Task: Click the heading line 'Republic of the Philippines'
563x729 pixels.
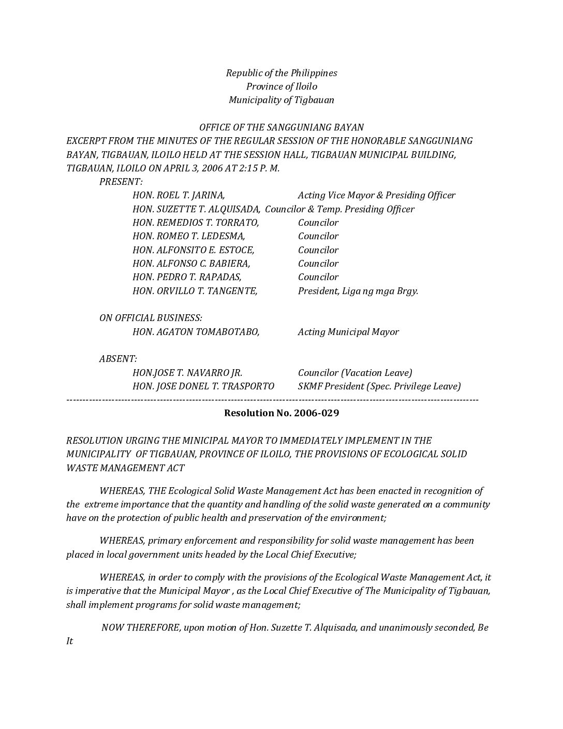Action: (x=281, y=73)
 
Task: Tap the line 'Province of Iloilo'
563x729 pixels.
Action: (x=281, y=86)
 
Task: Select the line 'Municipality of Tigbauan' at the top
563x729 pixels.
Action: (x=281, y=100)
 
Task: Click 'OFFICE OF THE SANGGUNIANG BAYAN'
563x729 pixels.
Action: (x=281, y=127)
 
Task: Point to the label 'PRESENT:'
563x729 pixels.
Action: (x=121, y=182)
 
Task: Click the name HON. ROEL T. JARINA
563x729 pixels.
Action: (x=179, y=195)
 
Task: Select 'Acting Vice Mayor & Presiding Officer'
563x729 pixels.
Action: (x=376, y=195)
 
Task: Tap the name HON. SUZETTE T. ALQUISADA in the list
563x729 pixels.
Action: (x=196, y=209)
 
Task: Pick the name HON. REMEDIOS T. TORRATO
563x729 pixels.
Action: (x=196, y=223)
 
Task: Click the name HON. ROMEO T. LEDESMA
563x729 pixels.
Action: (x=189, y=236)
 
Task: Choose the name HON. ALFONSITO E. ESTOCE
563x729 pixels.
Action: (x=194, y=250)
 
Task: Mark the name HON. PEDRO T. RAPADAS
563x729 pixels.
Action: (x=187, y=277)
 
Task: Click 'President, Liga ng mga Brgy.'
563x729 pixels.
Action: (x=358, y=291)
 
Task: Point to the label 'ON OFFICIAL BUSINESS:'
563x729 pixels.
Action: (x=151, y=318)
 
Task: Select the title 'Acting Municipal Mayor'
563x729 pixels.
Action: (x=348, y=332)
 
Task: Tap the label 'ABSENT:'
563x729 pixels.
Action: (x=118, y=359)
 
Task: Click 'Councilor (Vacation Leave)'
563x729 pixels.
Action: (x=355, y=373)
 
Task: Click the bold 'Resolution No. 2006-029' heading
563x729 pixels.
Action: (x=281, y=413)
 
